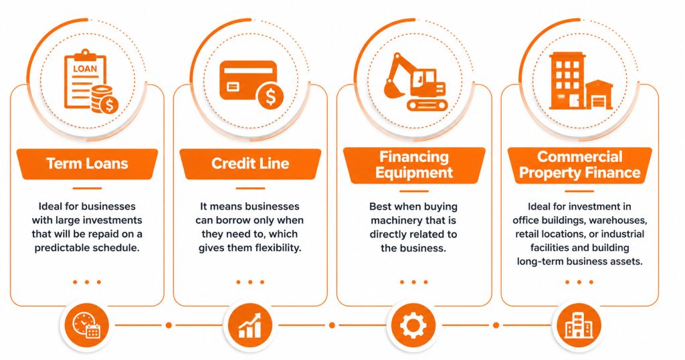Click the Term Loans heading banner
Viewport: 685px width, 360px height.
[88, 164]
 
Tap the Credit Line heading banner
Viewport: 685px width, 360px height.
[250, 164]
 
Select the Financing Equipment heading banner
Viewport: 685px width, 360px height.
[414, 165]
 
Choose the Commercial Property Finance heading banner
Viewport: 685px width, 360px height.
[580, 165]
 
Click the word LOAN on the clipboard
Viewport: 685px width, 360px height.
[85, 69]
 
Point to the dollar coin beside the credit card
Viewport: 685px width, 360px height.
[270, 96]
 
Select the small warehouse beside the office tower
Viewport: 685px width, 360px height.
[599, 94]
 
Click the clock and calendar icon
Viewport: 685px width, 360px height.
[86, 325]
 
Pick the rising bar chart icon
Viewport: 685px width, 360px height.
[250, 325]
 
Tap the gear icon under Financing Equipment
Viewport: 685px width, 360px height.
[413, 325]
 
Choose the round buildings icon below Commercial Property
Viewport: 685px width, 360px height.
[579, 325]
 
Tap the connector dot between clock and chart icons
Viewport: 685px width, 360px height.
[169, 325]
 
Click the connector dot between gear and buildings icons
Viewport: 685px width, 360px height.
[496, 325]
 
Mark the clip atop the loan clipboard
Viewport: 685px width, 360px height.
[85, 55]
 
